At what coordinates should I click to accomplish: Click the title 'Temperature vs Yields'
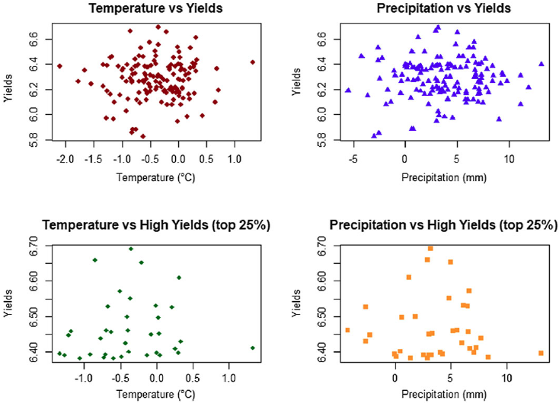156,8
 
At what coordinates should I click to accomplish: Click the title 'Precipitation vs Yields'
444,8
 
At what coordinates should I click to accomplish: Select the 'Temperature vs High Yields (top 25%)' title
156,225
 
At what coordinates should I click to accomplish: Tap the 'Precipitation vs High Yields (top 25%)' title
443,225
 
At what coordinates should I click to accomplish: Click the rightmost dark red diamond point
253,62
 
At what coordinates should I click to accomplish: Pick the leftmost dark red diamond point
59,66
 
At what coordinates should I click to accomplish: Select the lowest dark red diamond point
143,136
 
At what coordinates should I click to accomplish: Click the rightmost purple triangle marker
541,64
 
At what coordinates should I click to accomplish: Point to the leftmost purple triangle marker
348,90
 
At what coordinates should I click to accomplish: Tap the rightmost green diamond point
253,347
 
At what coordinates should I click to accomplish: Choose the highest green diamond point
131,249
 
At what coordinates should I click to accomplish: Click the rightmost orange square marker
541,353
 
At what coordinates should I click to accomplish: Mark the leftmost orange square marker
347,330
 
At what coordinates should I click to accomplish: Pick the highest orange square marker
430,249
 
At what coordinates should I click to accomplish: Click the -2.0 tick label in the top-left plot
65,159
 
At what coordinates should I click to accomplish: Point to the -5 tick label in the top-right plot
353,159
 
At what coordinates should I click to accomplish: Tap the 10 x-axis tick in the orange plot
506,377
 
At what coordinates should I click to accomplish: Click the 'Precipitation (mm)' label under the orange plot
444,394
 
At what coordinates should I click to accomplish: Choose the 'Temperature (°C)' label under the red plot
156,177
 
